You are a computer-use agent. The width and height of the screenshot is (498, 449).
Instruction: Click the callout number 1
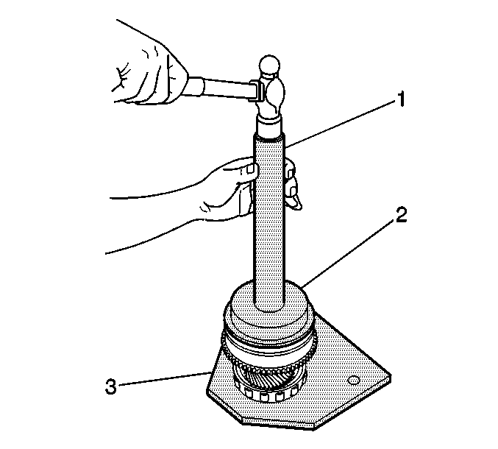coord(402,99)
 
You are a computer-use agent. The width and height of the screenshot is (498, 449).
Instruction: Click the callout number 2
coord(400,215)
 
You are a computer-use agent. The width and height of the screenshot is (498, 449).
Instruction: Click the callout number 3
coord(111,386)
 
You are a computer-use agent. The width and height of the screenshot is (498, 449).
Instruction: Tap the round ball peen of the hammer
coord(270,66)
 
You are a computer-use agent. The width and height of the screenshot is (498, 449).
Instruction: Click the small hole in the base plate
coord(354,380)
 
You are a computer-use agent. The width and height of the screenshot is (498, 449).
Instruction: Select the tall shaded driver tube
coord(268,222)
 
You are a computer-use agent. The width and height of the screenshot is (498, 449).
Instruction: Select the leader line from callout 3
coord(163,379)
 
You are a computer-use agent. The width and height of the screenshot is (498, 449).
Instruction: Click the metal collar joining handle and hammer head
coord(256,91)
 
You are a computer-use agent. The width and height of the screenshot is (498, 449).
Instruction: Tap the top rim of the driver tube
coord(268,137)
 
